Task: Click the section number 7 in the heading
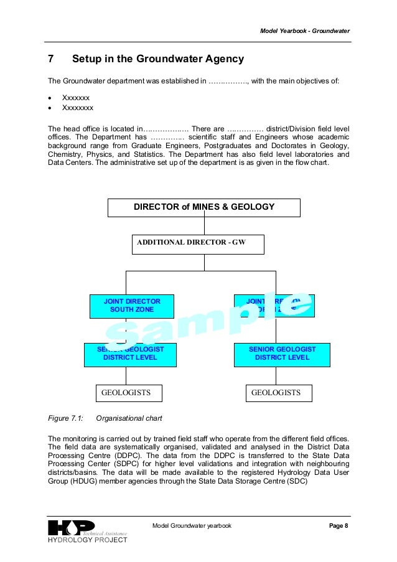tap(52, 60)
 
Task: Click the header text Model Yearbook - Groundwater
tap(304, 30)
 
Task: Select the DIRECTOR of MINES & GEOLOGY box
tap(204, 207)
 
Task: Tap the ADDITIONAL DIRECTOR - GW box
tap(198, 244)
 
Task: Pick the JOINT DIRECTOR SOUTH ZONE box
tap(131, 306)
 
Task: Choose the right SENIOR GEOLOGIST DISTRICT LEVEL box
tap(282, 354)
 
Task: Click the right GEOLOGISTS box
tap(279, 393)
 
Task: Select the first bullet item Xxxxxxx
tap(76, 98)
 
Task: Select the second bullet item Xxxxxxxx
tap(78, 108)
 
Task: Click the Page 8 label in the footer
tap(339, 526)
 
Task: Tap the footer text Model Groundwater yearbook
tap(192, 526)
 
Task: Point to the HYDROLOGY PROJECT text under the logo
tap(88, 540)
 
